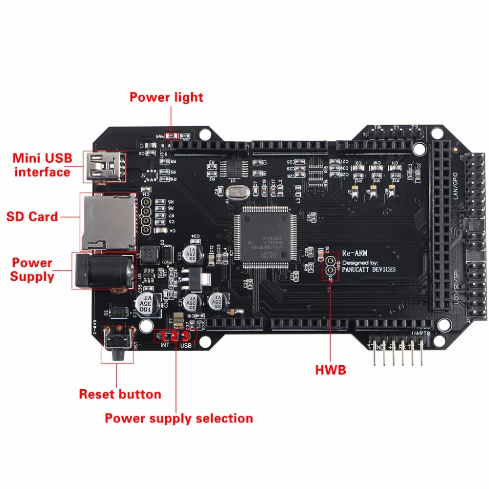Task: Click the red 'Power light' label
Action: [166, 97]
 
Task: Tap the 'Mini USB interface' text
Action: [42, 165]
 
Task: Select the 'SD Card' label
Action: [32, 216]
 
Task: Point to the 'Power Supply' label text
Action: [32, 269]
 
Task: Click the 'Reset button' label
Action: [120, 394]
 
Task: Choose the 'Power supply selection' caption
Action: [179, 418]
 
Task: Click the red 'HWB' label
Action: [331, 370]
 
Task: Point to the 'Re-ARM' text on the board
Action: [355, 253]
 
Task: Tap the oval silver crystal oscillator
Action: [236, 192]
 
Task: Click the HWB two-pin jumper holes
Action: [331, 263]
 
